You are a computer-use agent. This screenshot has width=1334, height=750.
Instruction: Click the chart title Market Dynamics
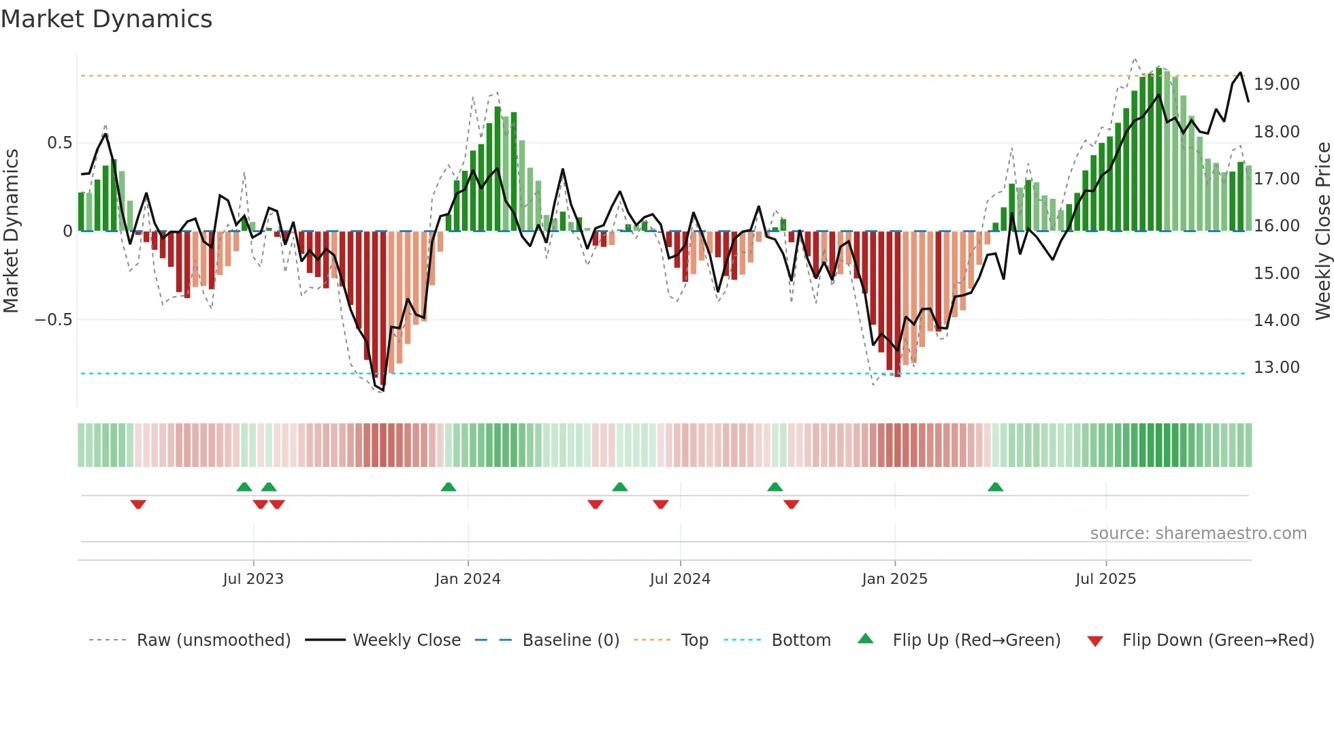pyautogui.click(x=106, y=19)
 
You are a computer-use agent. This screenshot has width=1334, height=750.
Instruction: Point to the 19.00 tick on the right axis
pyautogui.click(x=1276, y=84)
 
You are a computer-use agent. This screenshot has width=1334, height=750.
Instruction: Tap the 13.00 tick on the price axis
pyautogui.click(x=1276, y=368)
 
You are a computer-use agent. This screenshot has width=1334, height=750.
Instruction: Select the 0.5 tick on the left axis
pyautogui.click(x=59, y=143)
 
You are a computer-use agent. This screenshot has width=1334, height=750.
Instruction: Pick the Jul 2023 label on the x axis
pyautogui.click(x=253, y=579)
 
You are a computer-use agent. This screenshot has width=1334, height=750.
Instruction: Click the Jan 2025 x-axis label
pyautogui.click(x=894, y=579)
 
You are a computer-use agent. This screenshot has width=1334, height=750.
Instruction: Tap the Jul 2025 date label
pyautogui.click(x=1105, y=579)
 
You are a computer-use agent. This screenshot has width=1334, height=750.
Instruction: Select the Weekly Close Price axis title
pyautogui.click(x=1322, y=231)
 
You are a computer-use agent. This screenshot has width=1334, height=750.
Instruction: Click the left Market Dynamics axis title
pyautogui.click(x=11, y=231)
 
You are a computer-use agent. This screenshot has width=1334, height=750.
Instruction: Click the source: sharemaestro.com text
pyautogui.click(x=1198, y=534)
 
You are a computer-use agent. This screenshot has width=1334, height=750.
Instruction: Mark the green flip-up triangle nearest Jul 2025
pyautogui.click(x=995, y=487)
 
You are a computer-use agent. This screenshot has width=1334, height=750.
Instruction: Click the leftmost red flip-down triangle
pyautogui.click(x=138, y=504)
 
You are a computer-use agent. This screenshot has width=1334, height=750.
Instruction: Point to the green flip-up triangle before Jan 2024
pyautogui.click(x=448, y=487)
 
